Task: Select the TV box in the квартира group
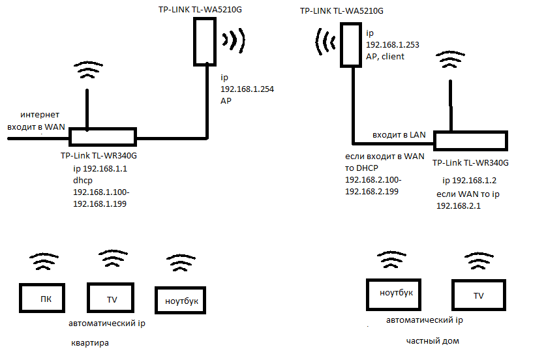pos(112,299)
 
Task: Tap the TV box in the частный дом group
pos(479,295)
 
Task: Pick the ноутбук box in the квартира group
pos(181,301)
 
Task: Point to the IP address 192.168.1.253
pos(392,44)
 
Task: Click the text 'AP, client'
pos(385,56)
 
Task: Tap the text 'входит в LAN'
pos(399,134)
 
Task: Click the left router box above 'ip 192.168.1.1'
pos(102,137)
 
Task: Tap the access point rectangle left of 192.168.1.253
pos(351,44)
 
